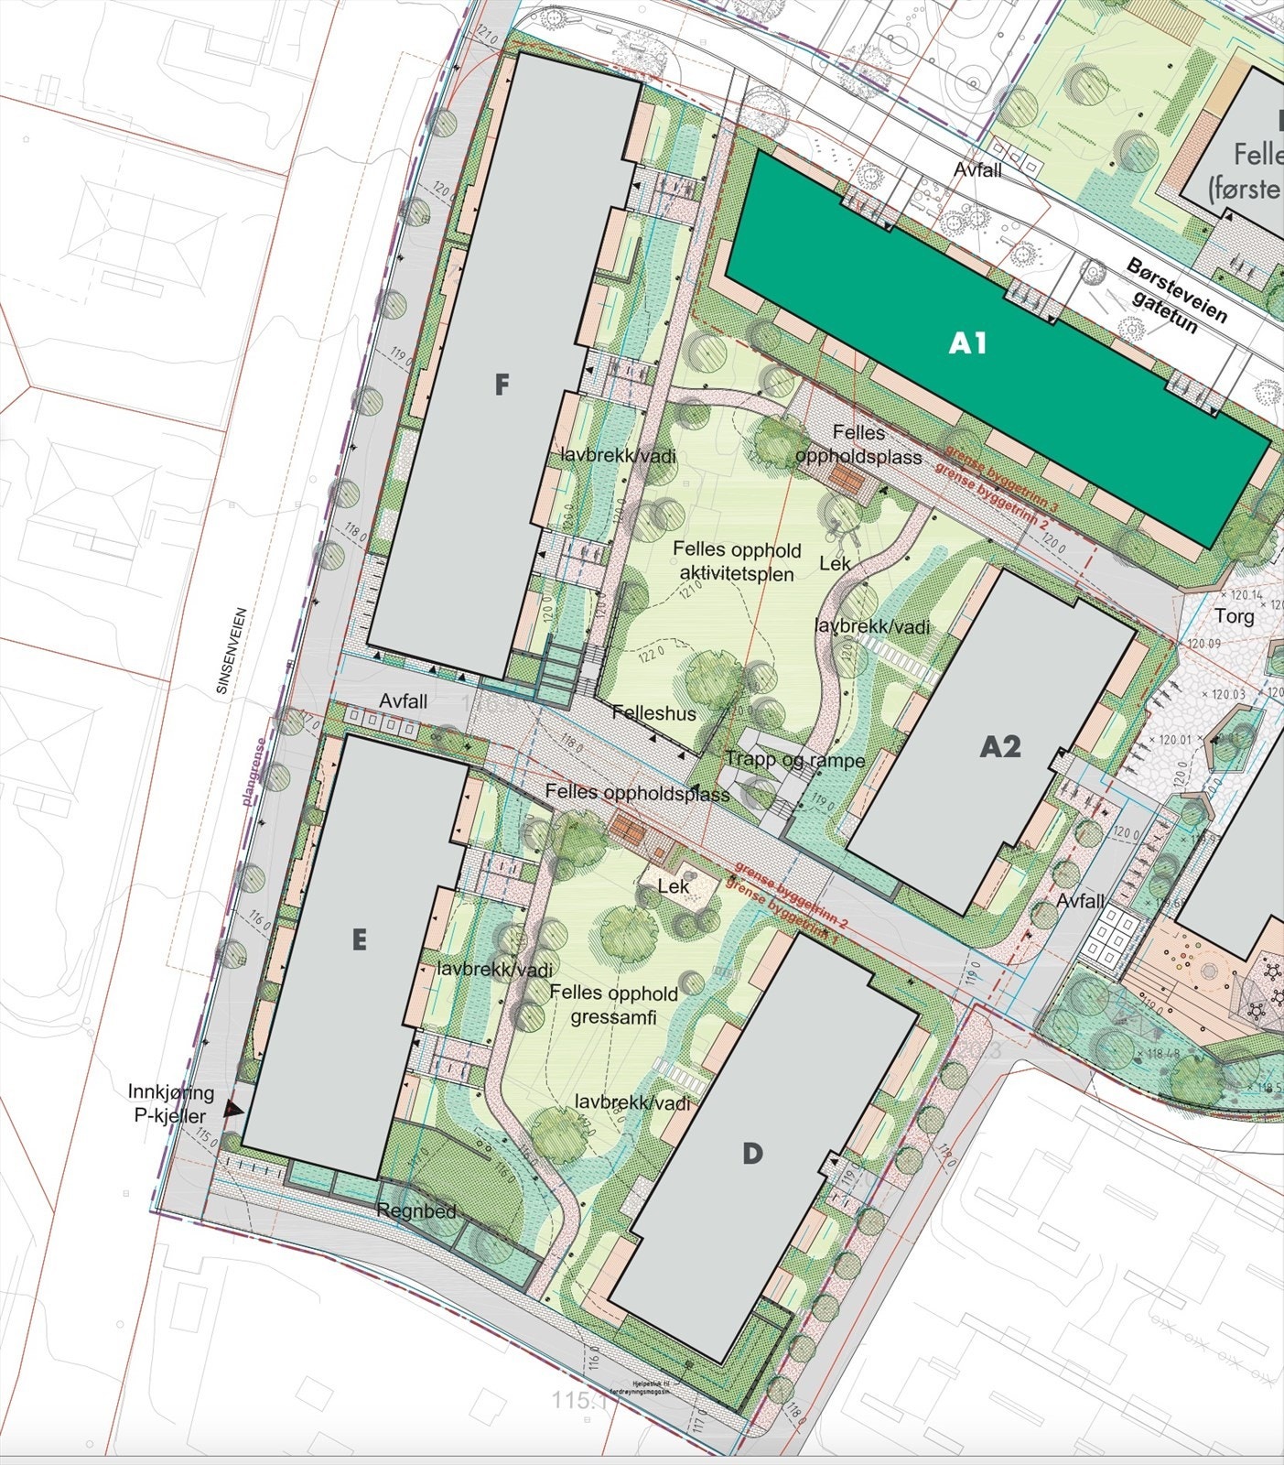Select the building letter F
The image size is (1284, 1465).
click(501, 385)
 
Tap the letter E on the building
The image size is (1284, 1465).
click(359, 939)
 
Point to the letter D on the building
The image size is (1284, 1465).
click(751, 1153)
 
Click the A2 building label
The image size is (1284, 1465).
click(999, 747)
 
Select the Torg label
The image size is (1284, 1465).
click(1234, 616)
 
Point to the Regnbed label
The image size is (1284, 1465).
click(416, 1211)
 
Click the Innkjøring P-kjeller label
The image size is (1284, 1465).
click(171, 1102)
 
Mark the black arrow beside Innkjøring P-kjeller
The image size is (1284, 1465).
click(232, 1109)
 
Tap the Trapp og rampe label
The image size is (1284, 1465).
click(794, 760)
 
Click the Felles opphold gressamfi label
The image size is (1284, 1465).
click(613, 1004)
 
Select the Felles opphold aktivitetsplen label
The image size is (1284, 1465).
click(737, 561)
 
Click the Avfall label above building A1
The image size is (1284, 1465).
click(977, 170)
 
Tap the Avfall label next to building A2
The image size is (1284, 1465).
click(1080, 901)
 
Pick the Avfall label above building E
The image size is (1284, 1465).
click(404, 701)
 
